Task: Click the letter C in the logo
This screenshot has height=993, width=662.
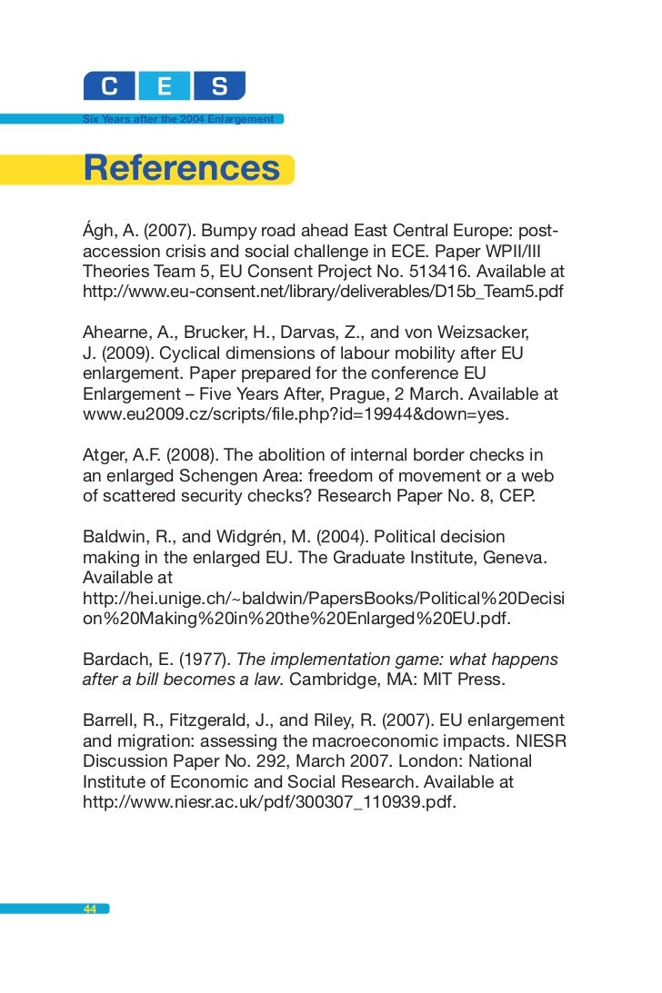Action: tap(109, 87)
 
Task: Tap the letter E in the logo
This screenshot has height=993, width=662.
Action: tap(165, 87)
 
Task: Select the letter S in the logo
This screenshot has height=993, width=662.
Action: tap(219, 87)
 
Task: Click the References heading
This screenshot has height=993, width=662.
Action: tap(182, 169)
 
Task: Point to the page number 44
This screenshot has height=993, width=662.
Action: tap(90, 909)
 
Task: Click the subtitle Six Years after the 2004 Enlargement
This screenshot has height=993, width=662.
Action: tap(178, 119)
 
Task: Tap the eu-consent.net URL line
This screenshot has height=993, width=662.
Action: tap(323, 293)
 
